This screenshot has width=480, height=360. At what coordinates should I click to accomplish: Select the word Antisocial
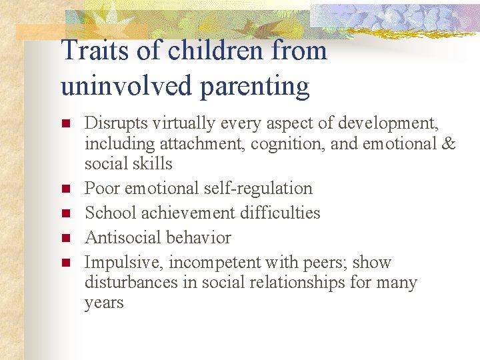[119, 238]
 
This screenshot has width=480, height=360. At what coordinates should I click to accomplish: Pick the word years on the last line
[104, 303]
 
